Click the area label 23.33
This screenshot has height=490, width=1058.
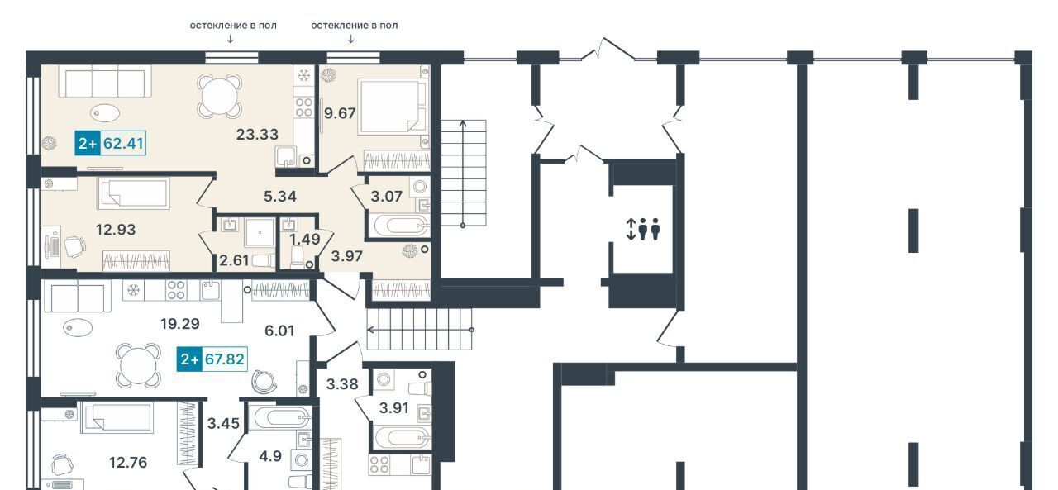point(257,135)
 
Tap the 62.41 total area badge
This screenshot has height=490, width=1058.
point(111,143)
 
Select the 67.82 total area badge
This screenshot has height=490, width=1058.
point(212,359)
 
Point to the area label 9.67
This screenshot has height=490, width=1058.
point(340,113)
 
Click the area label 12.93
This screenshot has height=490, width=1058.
point(116,230)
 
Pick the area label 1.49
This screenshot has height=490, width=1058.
point(305,240)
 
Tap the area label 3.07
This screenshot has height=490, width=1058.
point(386,197)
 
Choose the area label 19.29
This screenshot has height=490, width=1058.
point(180,324)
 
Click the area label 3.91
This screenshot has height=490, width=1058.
point(394,408)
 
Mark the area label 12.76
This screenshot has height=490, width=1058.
point(128,462)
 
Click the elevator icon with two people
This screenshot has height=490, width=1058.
point(643,229)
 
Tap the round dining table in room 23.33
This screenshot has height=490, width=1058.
point(220,94)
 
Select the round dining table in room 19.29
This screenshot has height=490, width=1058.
point(139,366)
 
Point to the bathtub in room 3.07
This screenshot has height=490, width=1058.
point(399,226)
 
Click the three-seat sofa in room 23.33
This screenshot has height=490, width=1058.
point(105,82)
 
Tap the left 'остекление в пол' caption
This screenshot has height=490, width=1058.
point(233,26)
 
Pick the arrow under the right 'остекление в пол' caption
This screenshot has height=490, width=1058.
point(351,39)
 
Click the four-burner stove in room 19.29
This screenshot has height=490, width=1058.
point(176,290)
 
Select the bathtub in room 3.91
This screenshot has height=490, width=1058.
point(402,439)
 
